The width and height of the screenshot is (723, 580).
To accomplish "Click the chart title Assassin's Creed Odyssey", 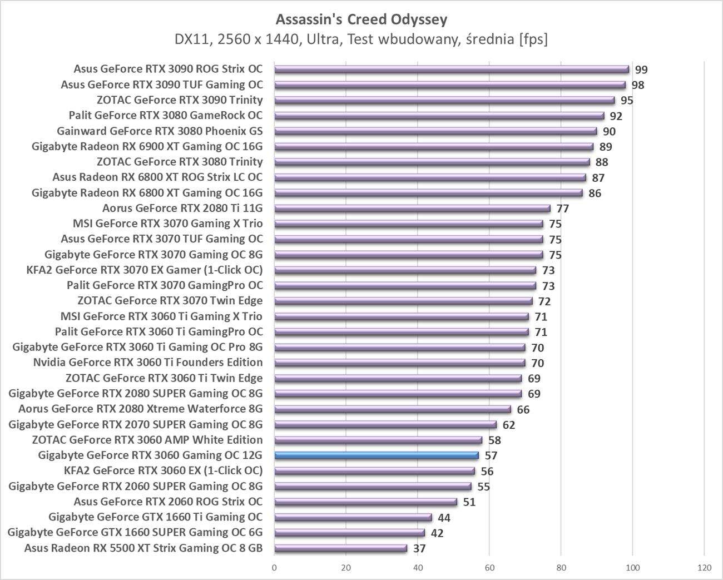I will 361,20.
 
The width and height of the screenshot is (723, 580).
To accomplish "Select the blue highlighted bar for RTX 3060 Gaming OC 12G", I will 377,455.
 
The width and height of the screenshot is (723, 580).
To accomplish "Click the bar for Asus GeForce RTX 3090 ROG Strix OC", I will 451,70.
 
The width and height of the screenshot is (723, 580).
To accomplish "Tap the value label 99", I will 641,70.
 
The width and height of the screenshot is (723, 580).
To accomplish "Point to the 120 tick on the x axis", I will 704,568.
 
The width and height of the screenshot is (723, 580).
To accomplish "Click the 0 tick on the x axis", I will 274,568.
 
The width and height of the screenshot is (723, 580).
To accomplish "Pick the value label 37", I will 419,548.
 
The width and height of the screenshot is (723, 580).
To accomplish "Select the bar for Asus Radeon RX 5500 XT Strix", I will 340,548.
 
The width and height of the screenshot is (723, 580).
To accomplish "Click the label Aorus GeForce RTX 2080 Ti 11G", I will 182,209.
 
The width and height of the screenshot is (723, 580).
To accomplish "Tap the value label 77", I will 562,209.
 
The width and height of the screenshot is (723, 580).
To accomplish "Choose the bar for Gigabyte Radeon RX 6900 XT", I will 434,147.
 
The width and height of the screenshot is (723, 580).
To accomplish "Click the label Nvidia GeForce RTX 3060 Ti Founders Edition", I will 148,363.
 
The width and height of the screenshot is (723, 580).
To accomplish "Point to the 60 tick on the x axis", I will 489,568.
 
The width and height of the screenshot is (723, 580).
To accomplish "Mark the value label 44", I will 444,518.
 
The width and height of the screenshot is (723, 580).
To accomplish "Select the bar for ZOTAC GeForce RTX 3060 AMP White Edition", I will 378,440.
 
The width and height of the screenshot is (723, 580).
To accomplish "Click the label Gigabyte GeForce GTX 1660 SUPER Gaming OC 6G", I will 135,533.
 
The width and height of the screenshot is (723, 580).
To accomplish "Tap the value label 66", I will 523,409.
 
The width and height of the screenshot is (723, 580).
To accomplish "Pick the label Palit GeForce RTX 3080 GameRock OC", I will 166,116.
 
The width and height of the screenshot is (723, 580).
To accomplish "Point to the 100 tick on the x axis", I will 632,568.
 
